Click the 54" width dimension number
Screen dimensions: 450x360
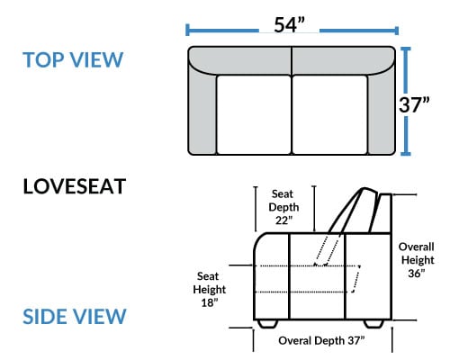289,24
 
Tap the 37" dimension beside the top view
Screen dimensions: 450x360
414,104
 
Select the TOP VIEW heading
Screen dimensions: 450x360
73,59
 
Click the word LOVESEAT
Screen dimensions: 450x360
75,186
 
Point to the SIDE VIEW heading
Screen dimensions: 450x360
75,316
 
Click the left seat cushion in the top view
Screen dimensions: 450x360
254,115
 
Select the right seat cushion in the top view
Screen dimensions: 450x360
330,115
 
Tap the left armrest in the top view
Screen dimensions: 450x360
202,111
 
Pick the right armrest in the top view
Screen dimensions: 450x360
382,111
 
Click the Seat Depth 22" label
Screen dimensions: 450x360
283,207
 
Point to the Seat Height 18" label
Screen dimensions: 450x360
209,290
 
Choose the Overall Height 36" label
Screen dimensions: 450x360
417,260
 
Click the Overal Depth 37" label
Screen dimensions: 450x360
321,340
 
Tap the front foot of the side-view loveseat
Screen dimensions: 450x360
267,324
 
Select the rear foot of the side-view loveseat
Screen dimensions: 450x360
373,324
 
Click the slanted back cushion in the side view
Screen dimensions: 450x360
354,210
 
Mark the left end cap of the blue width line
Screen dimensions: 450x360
187,31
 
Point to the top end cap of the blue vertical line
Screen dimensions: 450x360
406,49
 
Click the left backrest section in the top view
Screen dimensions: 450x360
240,60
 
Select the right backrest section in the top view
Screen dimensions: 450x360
344,60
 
